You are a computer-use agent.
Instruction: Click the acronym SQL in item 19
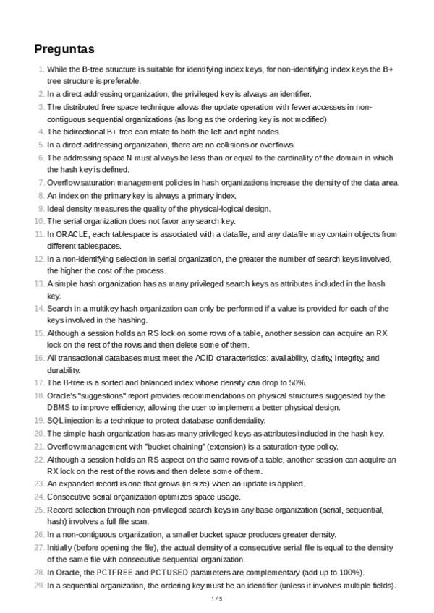pyautogui.click(x=55, y=421)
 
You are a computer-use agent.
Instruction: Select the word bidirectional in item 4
pyautogui.click(x=87, y=132)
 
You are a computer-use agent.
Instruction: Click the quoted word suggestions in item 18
pyautogui.click(x=100, y=395)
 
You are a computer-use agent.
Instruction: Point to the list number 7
pyautogui.click(x=41, y=183)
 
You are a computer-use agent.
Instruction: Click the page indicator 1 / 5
pyautogui.click(x=216, y=599)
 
